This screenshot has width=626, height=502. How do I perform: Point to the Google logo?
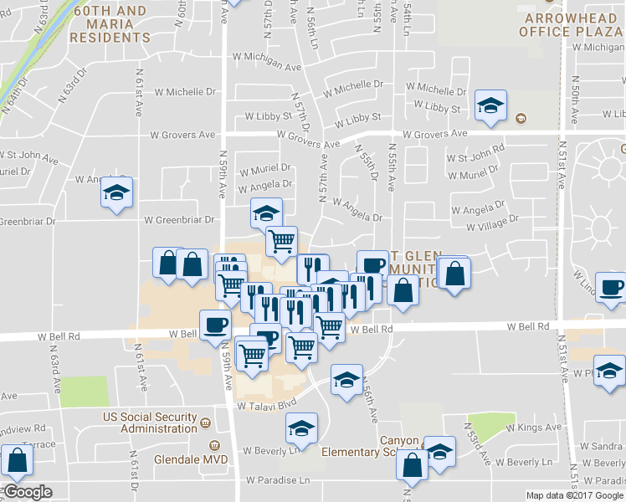(x=27, y=492)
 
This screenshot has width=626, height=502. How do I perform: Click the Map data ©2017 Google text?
(x=575, y=495)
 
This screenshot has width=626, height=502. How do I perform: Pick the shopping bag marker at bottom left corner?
(x=18, y=459)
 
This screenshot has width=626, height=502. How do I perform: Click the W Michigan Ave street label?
(x=269, y=67)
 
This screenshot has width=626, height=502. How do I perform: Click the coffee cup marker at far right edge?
(x=610, y=287)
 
